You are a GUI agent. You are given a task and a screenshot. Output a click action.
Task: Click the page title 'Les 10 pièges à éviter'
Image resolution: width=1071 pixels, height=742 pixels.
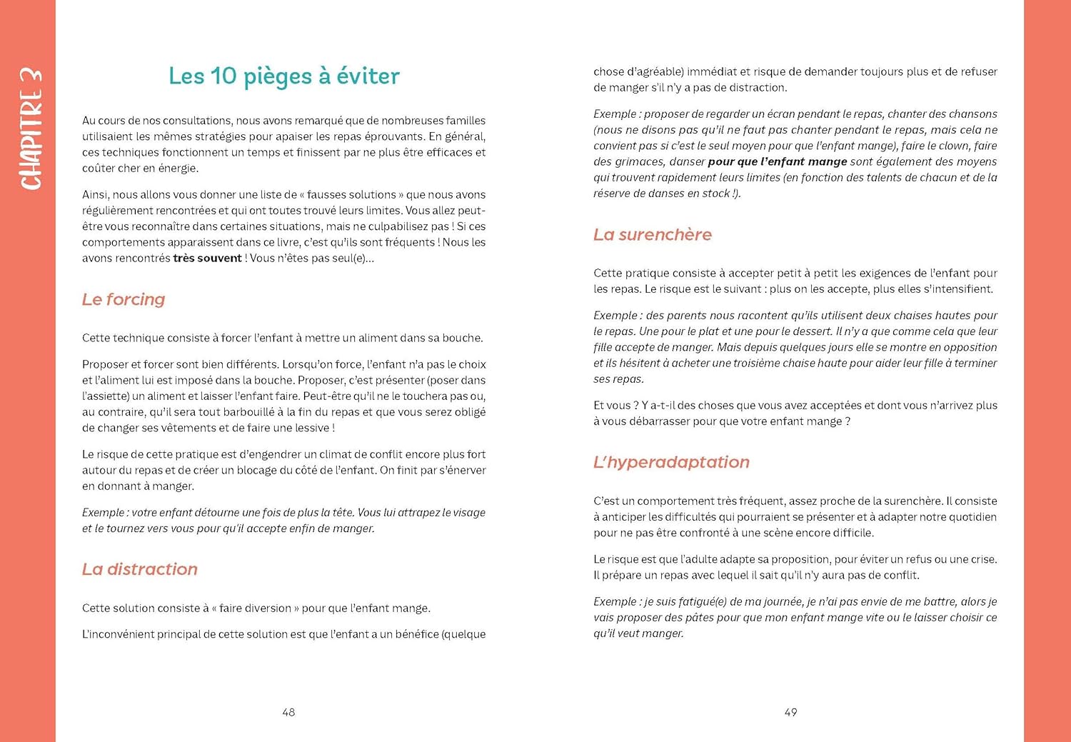pos(284,76)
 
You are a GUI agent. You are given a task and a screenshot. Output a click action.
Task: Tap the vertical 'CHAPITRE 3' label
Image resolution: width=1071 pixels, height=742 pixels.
pos(31,129)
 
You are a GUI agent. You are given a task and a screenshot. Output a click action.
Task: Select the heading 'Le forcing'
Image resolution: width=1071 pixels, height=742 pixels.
pos(124,299)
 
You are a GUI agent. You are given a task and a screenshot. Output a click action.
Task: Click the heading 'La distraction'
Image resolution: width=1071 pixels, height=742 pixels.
pos(140,569)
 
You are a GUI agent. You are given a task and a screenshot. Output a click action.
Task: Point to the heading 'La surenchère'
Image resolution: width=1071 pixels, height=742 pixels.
pos(653,234)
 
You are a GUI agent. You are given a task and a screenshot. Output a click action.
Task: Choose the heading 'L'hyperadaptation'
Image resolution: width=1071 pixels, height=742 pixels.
pos(671,462)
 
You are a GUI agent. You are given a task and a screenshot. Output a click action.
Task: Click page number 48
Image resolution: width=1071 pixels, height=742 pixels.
pos(288,712)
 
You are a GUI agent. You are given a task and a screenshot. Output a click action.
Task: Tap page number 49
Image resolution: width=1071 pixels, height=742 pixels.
pos(790,712)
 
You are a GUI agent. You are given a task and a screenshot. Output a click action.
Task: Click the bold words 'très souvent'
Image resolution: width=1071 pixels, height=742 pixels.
pos(207,258)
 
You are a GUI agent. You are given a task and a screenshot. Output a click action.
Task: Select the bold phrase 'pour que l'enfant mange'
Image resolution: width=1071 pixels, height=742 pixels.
pos(778,161)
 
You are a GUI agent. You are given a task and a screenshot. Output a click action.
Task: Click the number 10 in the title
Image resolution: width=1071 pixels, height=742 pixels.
pos(223,76)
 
